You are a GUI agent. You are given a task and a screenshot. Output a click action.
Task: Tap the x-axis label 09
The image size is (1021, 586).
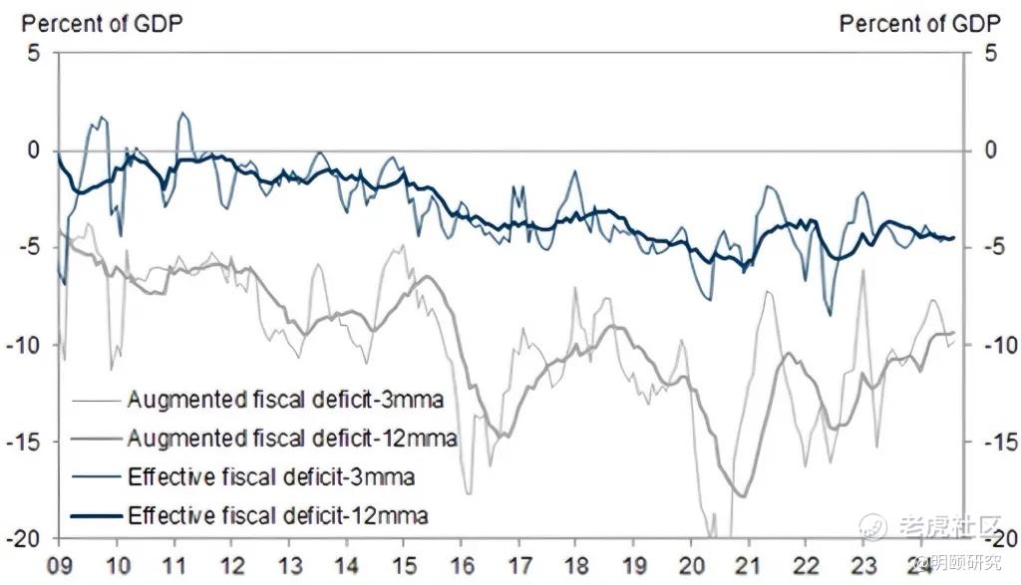60,564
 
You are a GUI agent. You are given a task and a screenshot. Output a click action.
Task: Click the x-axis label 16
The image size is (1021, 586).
463,564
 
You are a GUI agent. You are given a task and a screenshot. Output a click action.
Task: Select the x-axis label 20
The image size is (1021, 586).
692,564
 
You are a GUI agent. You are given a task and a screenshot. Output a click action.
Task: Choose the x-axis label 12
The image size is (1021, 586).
232,564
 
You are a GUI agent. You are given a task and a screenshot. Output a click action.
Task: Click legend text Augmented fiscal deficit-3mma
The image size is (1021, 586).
284,400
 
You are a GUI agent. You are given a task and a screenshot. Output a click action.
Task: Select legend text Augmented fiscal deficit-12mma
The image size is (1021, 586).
291,438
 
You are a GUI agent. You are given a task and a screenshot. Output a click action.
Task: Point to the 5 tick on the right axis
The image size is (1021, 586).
989,53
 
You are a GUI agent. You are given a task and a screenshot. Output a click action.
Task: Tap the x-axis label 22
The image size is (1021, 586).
806,564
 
